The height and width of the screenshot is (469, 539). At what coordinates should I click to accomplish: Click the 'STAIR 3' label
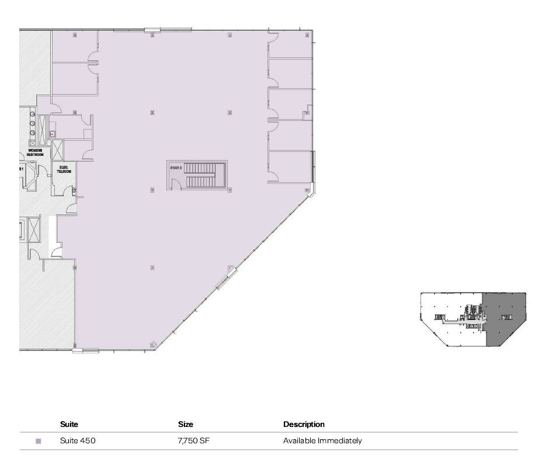(x=175, y=168)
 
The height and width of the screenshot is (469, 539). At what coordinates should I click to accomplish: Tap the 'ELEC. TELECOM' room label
(x=64, y=171)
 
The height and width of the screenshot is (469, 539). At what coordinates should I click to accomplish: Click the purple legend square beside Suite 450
(x=39, y=442)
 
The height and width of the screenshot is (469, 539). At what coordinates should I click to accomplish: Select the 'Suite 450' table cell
(x=77, y=441)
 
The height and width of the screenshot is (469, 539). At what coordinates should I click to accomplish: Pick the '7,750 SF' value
(x=193, y=441)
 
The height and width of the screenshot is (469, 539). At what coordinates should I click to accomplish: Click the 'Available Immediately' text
(x=322, y=441)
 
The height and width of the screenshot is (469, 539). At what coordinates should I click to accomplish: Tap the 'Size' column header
(x=185, y=425)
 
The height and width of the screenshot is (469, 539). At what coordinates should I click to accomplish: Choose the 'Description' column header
(x=304, y=425)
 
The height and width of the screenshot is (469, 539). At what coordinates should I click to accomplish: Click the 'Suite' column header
(x=69, y=425)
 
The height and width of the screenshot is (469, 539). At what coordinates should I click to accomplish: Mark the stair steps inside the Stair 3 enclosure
(x=201, y=175)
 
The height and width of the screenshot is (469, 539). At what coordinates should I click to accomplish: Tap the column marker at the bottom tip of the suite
(x=153, y=345)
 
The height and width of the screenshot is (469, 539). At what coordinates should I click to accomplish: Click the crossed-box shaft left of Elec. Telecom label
(x=58, y=150)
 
